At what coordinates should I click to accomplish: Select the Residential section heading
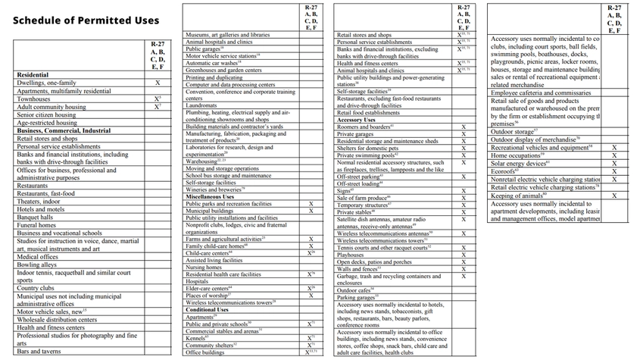pyautogui.click(x=33, y=75)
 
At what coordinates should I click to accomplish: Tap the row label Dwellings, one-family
pyautogui.click(x=46, y=83)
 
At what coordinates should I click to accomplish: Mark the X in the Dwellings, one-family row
pyautogui.click(x=158, y=83)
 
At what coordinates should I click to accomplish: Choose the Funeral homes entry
pyautogui.click(x=36, y=225)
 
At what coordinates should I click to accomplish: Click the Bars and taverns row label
pyautogui.click(x=39, y=352)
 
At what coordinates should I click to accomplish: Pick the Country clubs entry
pyautogui.click(x=36, y=288)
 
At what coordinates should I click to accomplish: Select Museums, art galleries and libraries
pyautogui.click(x=227, y=35)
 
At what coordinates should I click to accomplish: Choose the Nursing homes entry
pyautogui.click(x=204, y=267)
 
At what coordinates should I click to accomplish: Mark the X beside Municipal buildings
pyautogui.click(x=311, y=210)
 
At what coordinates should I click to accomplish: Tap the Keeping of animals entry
pyautogui.click(x=518, y=196)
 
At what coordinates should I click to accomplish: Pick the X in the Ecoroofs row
pyautogui.click(x=614, y=171)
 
